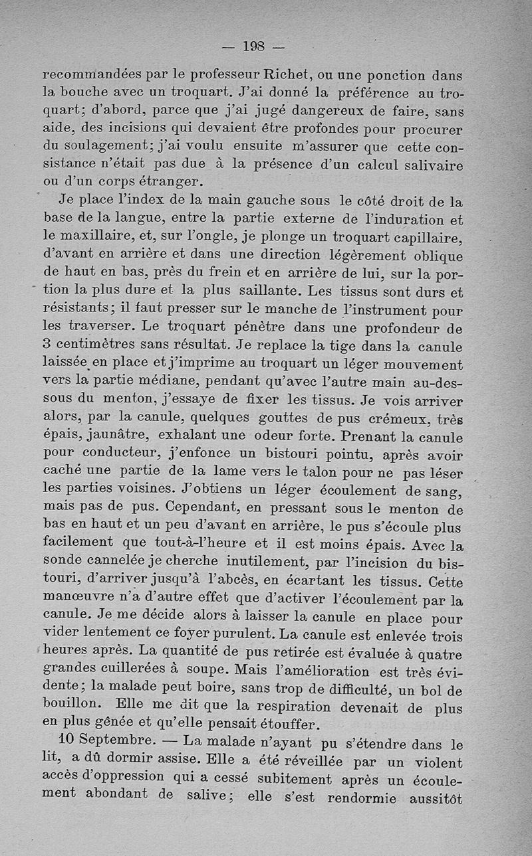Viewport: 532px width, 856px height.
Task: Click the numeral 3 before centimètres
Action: coord(47,346)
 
